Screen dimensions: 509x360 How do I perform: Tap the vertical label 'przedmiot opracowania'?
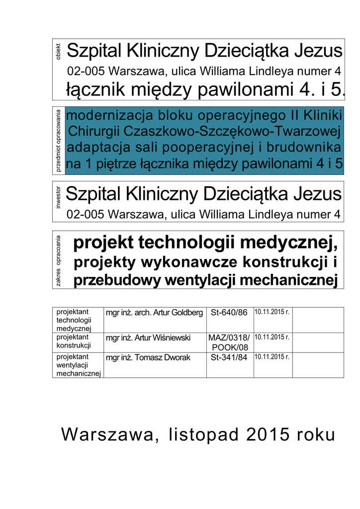coord(59,141)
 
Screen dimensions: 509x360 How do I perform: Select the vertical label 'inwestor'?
coord(59,196)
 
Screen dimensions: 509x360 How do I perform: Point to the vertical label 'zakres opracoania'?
coord(59,261)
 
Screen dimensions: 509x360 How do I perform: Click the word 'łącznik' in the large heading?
coord(96,90)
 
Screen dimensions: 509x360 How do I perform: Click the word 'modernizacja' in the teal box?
coord(110,116)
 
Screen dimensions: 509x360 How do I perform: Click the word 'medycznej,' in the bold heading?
coord(300,243)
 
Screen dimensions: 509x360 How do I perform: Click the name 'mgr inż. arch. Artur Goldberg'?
coord(154,313)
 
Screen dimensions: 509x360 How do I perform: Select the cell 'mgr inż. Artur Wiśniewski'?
coord(148,338)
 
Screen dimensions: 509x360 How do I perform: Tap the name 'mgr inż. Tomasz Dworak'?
coord(148,358)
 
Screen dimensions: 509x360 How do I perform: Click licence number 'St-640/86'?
coord(229,313)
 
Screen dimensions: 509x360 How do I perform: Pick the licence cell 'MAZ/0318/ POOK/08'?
coord(229,342)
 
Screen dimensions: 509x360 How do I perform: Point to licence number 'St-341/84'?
coord(229,358)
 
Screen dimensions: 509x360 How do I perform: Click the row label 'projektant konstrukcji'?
coord(74,341)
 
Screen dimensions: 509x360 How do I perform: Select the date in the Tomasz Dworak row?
coord(271,357)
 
